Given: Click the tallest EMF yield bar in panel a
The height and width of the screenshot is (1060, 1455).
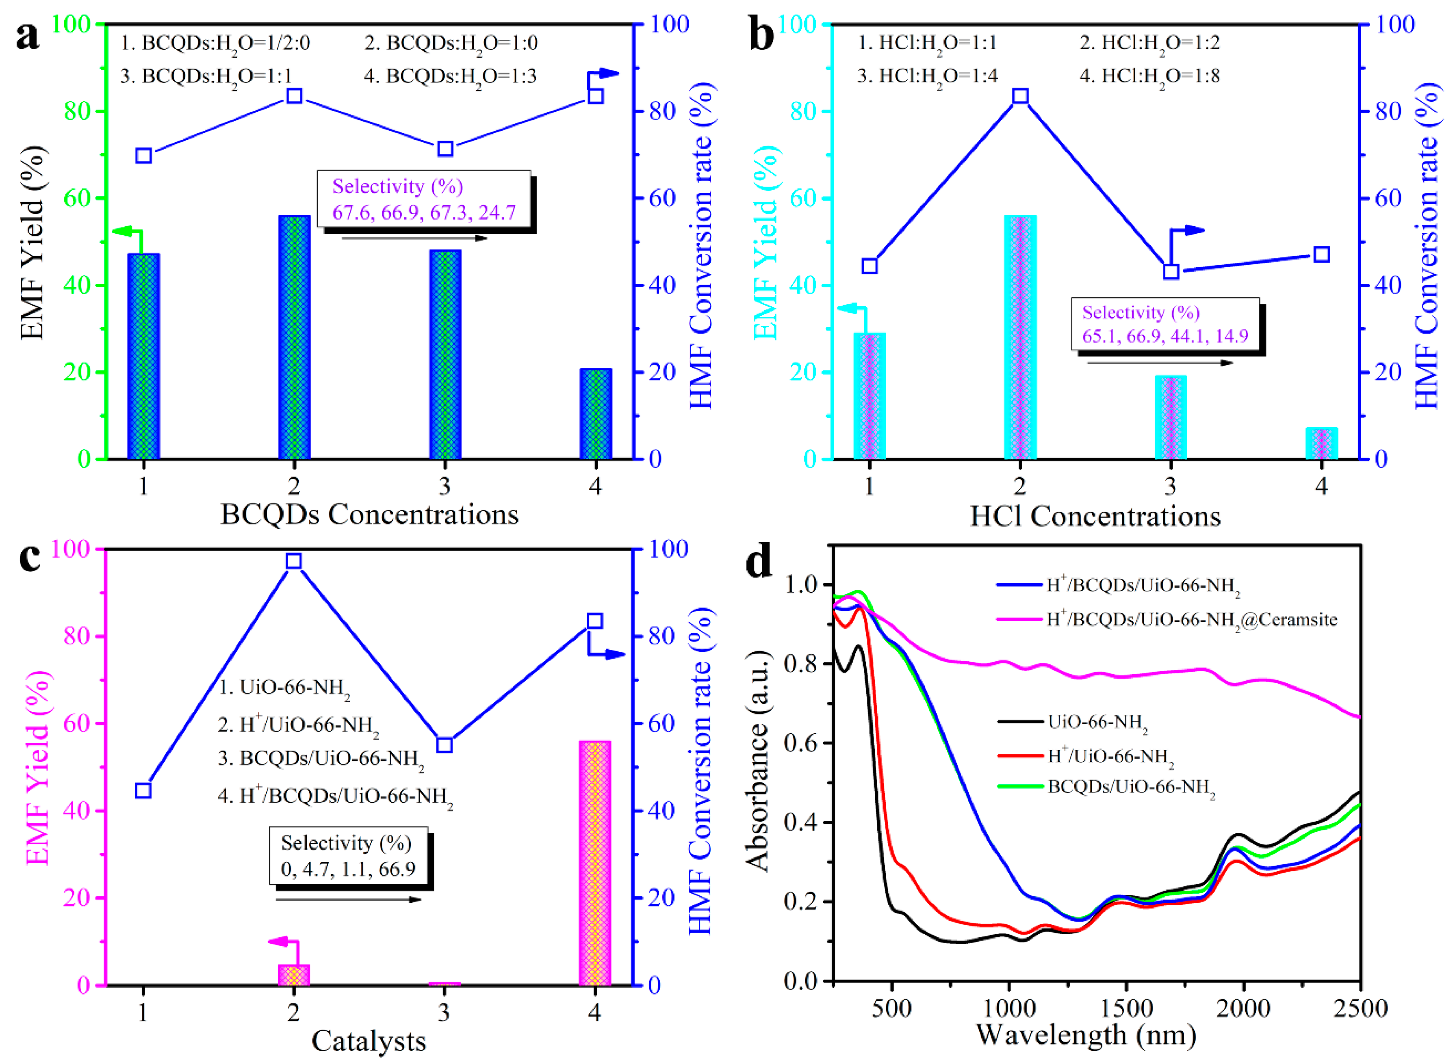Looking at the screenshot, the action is tap(294, 337).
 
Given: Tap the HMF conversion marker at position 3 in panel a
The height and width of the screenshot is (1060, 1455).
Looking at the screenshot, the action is tap(445, 149).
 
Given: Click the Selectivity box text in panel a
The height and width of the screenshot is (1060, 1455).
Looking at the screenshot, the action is tap(424, 199).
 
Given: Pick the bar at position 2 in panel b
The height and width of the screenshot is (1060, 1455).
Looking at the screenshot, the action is tap(1020, 337).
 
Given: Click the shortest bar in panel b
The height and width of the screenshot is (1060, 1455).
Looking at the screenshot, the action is tap(1321, 443).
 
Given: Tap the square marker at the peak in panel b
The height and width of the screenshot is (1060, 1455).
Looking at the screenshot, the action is tap(1020, 96).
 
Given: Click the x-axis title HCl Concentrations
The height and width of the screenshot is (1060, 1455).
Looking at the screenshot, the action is tap(1095, 516).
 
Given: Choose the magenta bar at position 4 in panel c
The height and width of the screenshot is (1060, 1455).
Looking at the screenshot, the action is tap(595, 863).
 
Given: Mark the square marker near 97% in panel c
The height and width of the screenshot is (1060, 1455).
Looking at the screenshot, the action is tap(293, 561).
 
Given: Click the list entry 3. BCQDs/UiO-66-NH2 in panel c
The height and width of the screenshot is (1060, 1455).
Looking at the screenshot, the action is tap(321, 760).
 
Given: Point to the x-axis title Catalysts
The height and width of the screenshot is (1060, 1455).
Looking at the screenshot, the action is tap(369, 1041).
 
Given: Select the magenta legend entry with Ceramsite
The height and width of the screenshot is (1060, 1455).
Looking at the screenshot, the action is tap(1167, 620).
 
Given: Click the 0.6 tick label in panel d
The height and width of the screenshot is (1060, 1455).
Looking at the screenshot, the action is tap(802, 743).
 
